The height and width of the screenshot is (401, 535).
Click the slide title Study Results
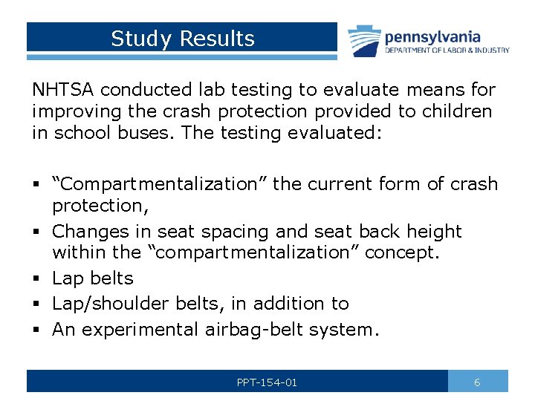[x=182, y=39]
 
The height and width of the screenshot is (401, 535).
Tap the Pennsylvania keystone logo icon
[x=365, y=41]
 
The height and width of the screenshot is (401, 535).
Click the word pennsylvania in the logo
[x=432, y=36]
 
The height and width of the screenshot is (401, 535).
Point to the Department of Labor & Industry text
[x=447, y=50]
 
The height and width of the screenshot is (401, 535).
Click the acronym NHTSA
[x=63, y=91]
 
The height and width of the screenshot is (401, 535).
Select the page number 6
[x=477, y=382]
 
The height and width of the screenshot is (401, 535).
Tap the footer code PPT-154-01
[x=267, y=382]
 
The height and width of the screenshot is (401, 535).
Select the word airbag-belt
[x=256, y=330]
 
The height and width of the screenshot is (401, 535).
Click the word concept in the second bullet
[x=401, y=252]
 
